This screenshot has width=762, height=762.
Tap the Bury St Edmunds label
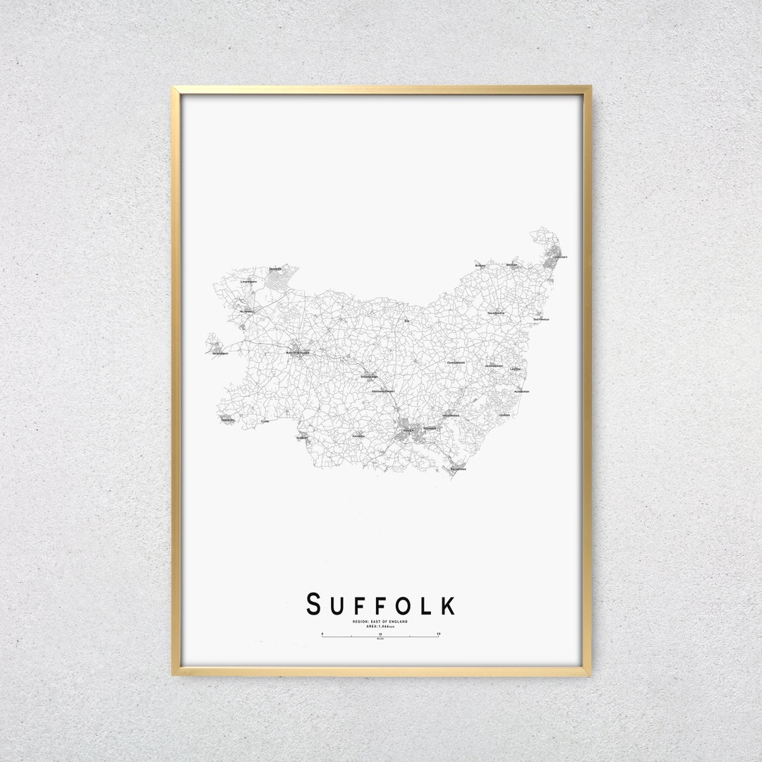(x=298, y=351)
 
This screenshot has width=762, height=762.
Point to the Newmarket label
(x=220, y=353)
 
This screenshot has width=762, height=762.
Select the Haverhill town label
(x=227, y=421)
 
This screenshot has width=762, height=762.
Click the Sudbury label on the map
(x=302, y=437)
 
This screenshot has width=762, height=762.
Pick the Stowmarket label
(x=370, y=377)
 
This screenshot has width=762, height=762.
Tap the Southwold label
(x=541, y=319)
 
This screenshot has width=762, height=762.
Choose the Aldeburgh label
(x=522, y=391)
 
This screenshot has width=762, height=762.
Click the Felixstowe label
(x=459, y=469)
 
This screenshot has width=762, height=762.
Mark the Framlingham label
(x=456, y=362)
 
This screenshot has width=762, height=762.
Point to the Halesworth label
(x=496, y=313)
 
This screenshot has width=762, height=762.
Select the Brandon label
(x=275, y=269)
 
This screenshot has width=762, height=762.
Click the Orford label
(x=504, y=415)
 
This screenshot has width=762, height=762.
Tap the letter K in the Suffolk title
(x=447, y=605)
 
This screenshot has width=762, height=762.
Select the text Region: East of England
(x=380, y=621)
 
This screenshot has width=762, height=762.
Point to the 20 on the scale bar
(x=439, y=634)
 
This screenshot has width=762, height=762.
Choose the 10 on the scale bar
(x=380, y=634)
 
